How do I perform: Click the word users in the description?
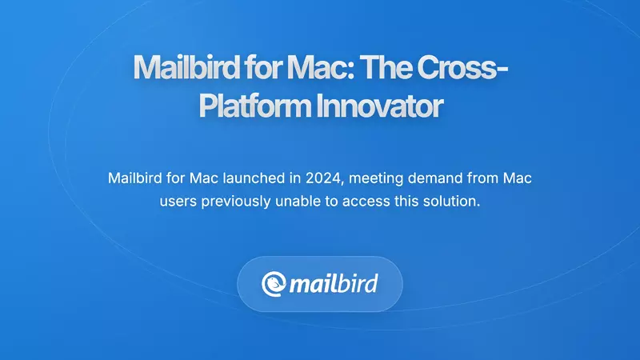pyautogui.click(x=176, y=201)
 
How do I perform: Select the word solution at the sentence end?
pyautogui.click(x=455, y=201)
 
